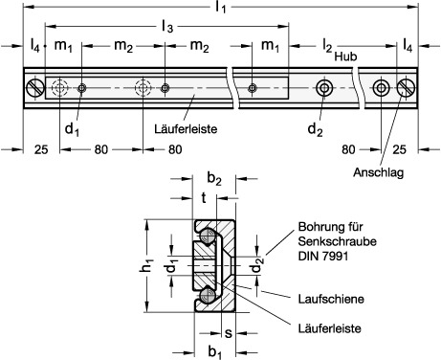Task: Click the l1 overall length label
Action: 221,7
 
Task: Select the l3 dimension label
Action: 167,27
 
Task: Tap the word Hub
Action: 345,56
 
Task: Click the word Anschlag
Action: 378,172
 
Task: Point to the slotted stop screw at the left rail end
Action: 35,88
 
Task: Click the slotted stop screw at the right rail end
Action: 406,88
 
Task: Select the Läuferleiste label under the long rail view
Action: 186,129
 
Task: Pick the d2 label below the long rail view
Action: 315,130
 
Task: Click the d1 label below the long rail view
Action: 72,129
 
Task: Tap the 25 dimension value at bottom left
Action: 41,149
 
